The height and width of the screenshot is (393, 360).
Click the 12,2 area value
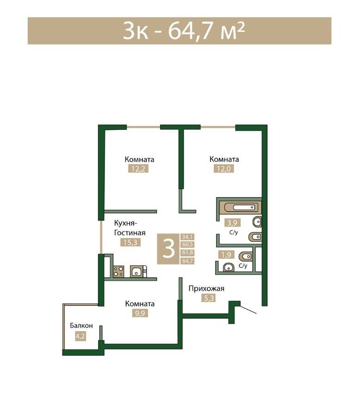point(138,169)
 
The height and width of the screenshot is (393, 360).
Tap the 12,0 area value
point(224,169)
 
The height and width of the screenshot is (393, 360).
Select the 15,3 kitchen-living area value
point(130,242)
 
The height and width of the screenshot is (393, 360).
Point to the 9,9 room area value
point(140,313)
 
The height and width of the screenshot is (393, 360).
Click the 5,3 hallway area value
point(209,298)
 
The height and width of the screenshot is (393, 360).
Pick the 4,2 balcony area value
point(80,336)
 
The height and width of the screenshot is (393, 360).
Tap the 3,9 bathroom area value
point(232,222)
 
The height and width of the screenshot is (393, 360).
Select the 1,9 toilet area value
point(226,255)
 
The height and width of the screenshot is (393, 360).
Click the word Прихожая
point(206,289)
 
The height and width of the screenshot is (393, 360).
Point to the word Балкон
point(81,325)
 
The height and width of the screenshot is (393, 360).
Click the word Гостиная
point(130,233)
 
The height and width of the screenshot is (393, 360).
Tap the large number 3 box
point(168,249)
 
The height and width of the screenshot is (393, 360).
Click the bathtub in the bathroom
point(240,207)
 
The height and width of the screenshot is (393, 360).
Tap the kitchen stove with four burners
point(118,272)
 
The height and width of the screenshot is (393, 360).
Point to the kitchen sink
point(136,272)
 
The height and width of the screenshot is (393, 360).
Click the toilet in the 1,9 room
point(245,257)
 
